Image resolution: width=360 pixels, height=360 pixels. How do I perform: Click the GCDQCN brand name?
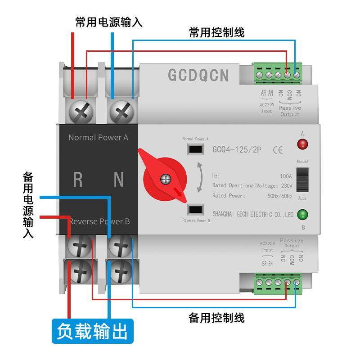coord(198,75)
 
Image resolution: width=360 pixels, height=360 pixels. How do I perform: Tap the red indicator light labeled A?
coord(302,144)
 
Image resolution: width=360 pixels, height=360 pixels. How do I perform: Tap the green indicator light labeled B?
coord(302,214)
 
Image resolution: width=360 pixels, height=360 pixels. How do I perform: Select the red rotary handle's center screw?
coord(166,180)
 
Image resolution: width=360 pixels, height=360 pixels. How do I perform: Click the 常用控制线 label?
coord(217,32)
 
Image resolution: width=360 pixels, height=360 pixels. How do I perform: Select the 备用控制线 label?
coord(217,318)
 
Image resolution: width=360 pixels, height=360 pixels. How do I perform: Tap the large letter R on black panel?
coord(78,180)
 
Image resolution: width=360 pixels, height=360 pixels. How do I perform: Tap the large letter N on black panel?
coord(118,180)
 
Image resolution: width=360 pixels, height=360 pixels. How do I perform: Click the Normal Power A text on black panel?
coord(98,137)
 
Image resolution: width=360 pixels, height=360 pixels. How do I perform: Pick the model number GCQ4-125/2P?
coord(238,150)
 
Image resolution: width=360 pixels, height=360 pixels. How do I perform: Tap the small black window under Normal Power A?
coord(195,149)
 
